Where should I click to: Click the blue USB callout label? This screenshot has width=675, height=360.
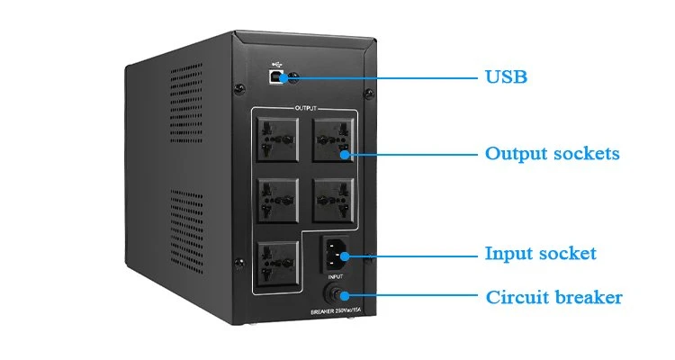(506, 77)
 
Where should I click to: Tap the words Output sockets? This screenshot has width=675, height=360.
(553, 154)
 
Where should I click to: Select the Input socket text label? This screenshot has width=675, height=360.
(541, 253)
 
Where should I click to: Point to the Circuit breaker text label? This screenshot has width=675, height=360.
(554, 297)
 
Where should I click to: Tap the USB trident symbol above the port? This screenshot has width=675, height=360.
(276, 65)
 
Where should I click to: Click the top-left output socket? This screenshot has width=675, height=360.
(278, 139)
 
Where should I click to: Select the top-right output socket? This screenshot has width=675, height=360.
(333, 139)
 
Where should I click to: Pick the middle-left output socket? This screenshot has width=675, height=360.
(278, 200)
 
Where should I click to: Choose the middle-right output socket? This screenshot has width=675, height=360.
(333, 200)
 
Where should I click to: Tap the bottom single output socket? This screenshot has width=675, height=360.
(278, 264)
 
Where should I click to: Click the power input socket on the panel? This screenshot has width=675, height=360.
(335, 254)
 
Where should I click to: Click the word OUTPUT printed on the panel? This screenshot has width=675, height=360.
(306, 108)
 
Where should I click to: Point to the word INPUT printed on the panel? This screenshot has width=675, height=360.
(336, 276)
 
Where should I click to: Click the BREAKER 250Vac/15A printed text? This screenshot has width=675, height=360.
(336, 311)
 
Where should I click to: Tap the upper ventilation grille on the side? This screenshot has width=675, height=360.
(186, 103)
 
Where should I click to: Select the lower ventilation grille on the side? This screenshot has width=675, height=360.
(187, 231)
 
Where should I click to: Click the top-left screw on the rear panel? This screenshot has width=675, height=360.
(239, 89)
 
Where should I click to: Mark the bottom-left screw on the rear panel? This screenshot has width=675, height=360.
(239, 263)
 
